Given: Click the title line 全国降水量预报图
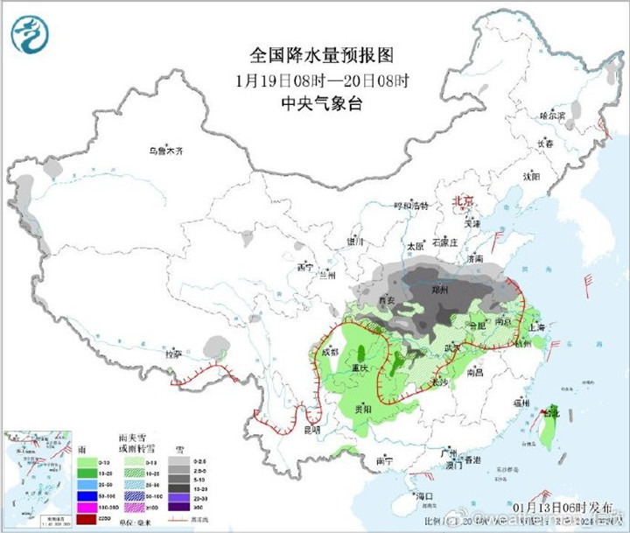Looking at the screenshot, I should click(315, 55).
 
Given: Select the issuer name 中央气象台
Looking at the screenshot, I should click(315, 104).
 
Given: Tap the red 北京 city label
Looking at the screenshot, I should click(461, 202).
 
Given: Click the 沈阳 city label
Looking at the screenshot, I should click(531, 176).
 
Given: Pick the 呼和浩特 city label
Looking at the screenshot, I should click(410, 207).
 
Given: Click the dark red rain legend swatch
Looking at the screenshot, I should click(87, 519).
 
